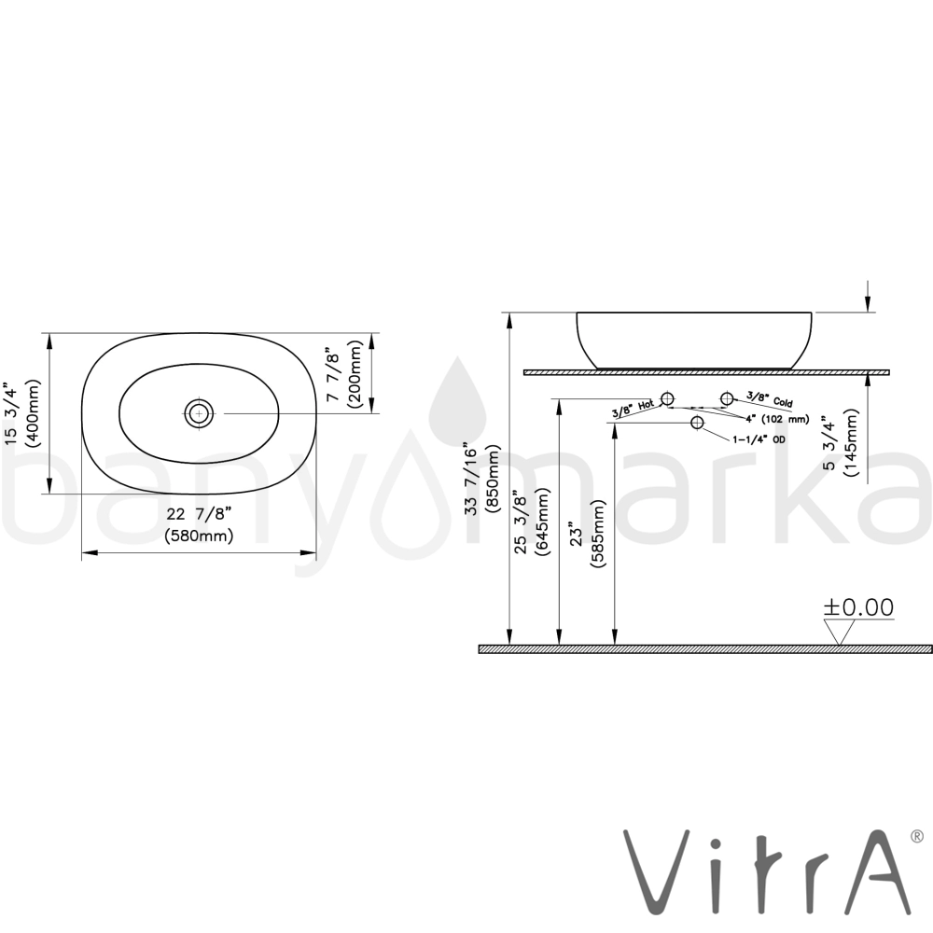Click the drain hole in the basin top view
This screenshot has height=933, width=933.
pos(199,413)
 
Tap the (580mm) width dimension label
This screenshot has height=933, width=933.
pos(199,536)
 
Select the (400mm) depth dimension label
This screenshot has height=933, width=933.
pos(31,413)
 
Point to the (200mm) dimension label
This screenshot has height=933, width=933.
pos(355,374)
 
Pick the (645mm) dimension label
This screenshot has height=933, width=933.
pos(542,522)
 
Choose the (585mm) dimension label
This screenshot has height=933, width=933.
pos(597,534)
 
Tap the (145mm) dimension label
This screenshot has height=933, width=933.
pos(850,442)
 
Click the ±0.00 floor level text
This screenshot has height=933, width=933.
pos(858,607)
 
